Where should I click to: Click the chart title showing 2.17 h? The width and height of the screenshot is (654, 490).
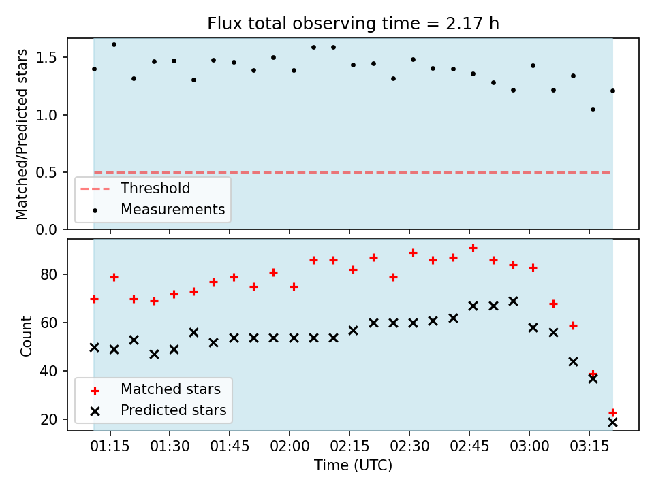click(x=353, y=24)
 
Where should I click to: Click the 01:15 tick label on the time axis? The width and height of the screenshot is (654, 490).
click(x=110, y=446)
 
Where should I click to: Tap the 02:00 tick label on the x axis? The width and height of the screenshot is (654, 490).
click(x=290, y=446)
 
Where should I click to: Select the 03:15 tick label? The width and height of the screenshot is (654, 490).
click(x=589, y=446)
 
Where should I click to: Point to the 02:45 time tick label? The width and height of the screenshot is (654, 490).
click(x=469, y=446)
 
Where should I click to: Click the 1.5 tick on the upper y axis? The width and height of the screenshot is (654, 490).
click(x=46, y=57)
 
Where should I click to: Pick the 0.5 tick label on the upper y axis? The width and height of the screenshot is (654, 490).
click(x=46, y=172)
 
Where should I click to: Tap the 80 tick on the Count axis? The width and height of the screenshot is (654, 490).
click(x=49, y=274)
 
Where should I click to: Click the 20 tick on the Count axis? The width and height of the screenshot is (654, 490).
click(x=49, y=420)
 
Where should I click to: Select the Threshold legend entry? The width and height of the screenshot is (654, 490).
click(x=136, y=189)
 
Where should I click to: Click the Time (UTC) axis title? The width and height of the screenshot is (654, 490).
click(x=354, y=465)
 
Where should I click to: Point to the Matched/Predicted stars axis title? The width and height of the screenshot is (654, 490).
click(x=22, y=134)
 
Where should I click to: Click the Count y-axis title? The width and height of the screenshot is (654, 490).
click(x=26, y=336)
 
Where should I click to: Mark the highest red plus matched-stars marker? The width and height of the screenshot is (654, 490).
click(x=473, y=248)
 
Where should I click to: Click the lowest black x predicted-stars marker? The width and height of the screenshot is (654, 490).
click(x=612, y=423)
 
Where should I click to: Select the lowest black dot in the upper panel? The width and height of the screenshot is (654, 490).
click(x=593, y=109)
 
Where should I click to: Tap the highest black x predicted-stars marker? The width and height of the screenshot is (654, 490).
click(x=514, y=301)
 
